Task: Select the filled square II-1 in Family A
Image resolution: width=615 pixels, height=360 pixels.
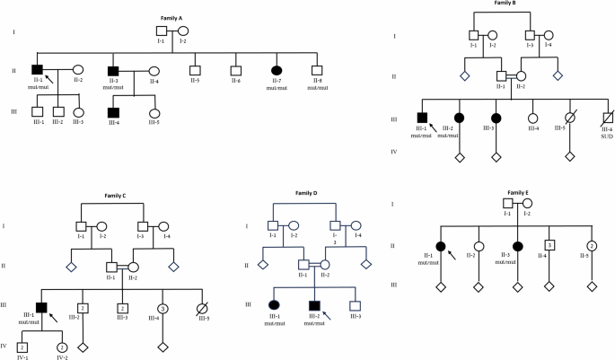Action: pyautogui.click(x=38, y=70)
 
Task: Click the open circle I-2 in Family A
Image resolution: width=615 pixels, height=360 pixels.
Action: pyautogui.click(x=182, y=31)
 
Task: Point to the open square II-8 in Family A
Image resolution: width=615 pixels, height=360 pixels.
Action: pyautogui.click(x=317, y=70)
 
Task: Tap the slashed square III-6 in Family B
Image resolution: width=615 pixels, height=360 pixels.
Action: pyautogui.click(x=608, y=118)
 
